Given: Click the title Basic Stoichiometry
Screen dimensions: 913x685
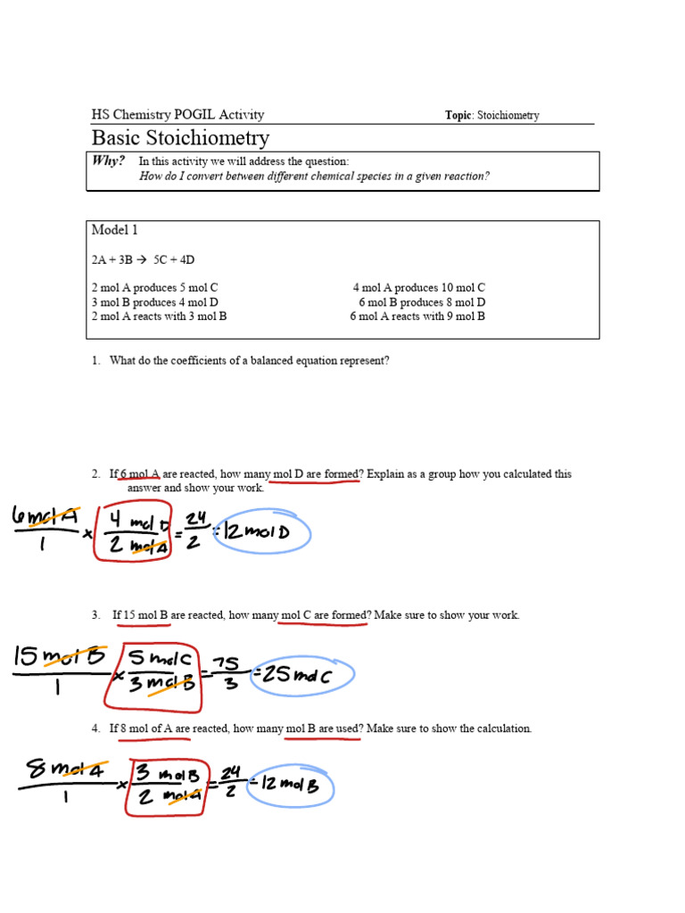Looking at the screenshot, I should point(180,138).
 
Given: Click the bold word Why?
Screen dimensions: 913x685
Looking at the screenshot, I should point(108,161).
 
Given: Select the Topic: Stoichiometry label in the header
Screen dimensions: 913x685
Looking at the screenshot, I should point(491,115).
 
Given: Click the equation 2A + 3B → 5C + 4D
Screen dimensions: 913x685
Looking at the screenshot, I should point(143,259).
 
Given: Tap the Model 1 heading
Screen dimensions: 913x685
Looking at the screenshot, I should point(115,230).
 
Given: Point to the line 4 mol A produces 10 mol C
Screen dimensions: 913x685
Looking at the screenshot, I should point(418,288).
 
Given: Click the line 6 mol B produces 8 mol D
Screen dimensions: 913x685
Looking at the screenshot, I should point(422,302).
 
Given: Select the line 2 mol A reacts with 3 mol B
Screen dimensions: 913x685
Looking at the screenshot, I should point(159,317).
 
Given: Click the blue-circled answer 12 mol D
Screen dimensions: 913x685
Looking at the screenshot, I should point(264,534).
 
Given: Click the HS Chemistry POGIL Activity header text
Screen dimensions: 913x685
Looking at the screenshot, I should point(177,115).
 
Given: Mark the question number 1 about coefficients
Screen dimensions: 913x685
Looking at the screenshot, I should point(95,361).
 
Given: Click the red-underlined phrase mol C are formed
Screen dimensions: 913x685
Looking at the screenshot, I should point(324,615).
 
